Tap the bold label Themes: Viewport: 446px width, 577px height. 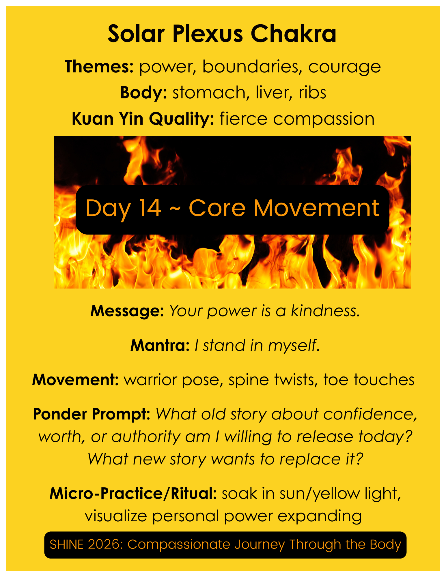[99, 67]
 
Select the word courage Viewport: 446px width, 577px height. [344, 67]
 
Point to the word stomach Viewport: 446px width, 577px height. [209, 93]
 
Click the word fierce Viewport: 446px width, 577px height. [243, 119]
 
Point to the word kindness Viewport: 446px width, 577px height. [325, 311]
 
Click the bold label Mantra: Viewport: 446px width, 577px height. [160, 345]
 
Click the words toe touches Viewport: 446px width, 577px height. [369, 380]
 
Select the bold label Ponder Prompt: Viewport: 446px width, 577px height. [92, 414]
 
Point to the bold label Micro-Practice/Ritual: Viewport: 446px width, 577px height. [133, 494]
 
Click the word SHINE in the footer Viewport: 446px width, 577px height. [67, 544]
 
